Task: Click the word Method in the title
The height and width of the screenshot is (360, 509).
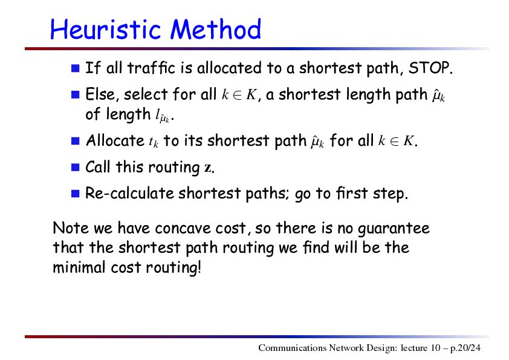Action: click(x=216, y=29)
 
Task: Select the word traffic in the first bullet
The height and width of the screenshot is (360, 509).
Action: click(x=151, y=68)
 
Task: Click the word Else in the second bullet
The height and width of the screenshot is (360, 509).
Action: click(x=100, y=94)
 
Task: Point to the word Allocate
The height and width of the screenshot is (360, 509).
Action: click(x=115, y=141)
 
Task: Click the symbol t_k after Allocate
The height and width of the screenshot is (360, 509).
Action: click(x=154, y=142)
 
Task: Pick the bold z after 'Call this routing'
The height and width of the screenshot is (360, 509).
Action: click(x=207, y=168)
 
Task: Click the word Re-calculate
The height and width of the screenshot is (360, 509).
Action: click(x=129, y=194)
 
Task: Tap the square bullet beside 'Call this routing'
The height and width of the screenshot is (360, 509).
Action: click(x=76, y=168)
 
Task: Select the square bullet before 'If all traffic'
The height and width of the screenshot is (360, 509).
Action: click(x=76, y=68)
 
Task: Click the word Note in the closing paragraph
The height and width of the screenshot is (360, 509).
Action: click(x=71, y=227)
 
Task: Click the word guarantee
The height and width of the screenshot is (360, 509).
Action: click(x=394, y=229)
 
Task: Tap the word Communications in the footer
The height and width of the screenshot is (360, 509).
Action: click(x=293, y=348)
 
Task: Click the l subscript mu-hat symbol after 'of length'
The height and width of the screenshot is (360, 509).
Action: click(x=162, y=116)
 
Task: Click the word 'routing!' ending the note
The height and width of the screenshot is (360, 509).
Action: click(x=173, y=267)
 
